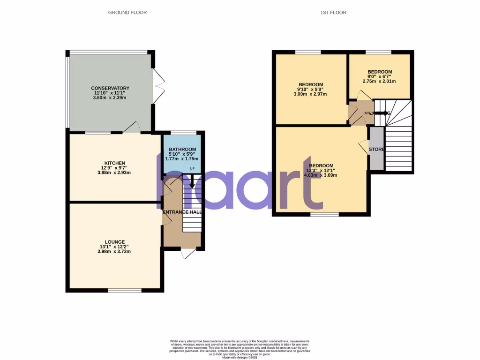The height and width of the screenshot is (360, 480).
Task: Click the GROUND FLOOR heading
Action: [127, 13]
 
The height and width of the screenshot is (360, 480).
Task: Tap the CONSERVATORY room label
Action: [110, 88]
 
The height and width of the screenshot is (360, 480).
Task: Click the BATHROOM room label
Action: [182, 150]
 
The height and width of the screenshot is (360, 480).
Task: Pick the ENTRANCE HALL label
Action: [182, 212]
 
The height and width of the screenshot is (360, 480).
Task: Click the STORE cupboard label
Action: [376, 150]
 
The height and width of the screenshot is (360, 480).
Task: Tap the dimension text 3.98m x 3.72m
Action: [111, 252]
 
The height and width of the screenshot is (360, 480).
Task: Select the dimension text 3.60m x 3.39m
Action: [110, 97]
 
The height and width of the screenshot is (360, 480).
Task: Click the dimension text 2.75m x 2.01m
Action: [379, 81]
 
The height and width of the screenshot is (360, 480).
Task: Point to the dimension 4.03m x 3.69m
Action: [321, 175]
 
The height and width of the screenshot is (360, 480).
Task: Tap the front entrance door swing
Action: [189, 254]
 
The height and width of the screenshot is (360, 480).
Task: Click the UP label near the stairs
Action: [192, 168]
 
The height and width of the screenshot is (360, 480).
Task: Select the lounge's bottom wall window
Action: [125, 290]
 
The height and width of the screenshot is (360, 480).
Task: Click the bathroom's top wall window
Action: [183, 133]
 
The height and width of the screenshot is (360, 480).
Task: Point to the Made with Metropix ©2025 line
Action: [240, 357]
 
